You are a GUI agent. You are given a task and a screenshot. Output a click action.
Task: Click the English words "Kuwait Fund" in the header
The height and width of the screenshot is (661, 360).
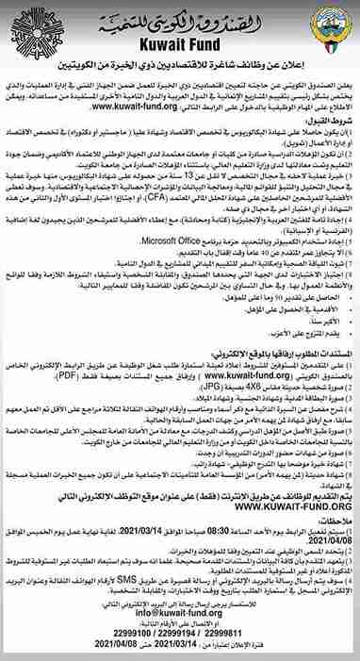[178, 44]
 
